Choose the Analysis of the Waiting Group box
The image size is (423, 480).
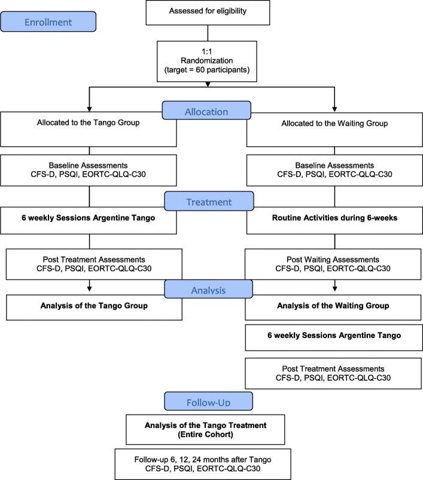click(x=334, y=306)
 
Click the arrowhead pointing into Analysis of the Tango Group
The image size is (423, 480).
click(x=90, y=289)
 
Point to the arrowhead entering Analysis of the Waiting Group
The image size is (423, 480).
click(x=334, y=289)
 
